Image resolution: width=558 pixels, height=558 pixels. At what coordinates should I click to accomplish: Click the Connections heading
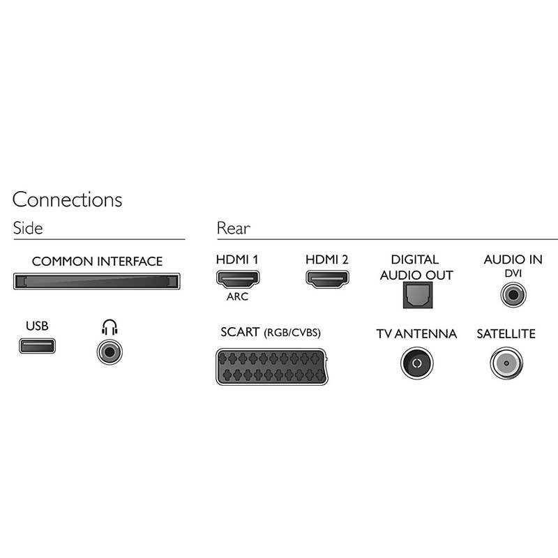[67, 199]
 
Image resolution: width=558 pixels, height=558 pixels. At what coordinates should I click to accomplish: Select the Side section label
[27, 228]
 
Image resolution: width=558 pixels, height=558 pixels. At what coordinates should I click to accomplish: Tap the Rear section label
[233, 228]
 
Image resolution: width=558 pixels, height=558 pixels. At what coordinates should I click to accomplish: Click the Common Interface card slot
[96, 282]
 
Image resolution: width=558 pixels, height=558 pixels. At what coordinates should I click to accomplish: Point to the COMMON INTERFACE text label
[97, 262]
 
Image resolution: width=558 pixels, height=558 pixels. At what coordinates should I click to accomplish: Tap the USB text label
[37, 326]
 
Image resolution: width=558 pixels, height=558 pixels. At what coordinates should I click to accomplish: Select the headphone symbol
[110, 326]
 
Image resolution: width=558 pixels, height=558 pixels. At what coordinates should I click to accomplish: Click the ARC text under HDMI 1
[237, 296]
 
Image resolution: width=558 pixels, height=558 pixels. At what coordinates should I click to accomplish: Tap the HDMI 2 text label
[326, 260]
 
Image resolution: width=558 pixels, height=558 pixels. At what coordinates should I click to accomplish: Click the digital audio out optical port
[414, 296]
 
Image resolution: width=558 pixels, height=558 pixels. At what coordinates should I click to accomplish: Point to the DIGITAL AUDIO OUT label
[416, 268]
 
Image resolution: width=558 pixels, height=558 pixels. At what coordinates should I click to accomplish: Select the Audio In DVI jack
[513, 296]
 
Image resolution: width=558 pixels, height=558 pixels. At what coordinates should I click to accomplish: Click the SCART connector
[270, 366]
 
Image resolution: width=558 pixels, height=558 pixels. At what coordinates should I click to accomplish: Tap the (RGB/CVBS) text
[292, 333]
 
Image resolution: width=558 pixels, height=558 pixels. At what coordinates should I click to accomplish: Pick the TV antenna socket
[416, 363]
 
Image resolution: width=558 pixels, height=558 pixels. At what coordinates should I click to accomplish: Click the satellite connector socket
[506, 363]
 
